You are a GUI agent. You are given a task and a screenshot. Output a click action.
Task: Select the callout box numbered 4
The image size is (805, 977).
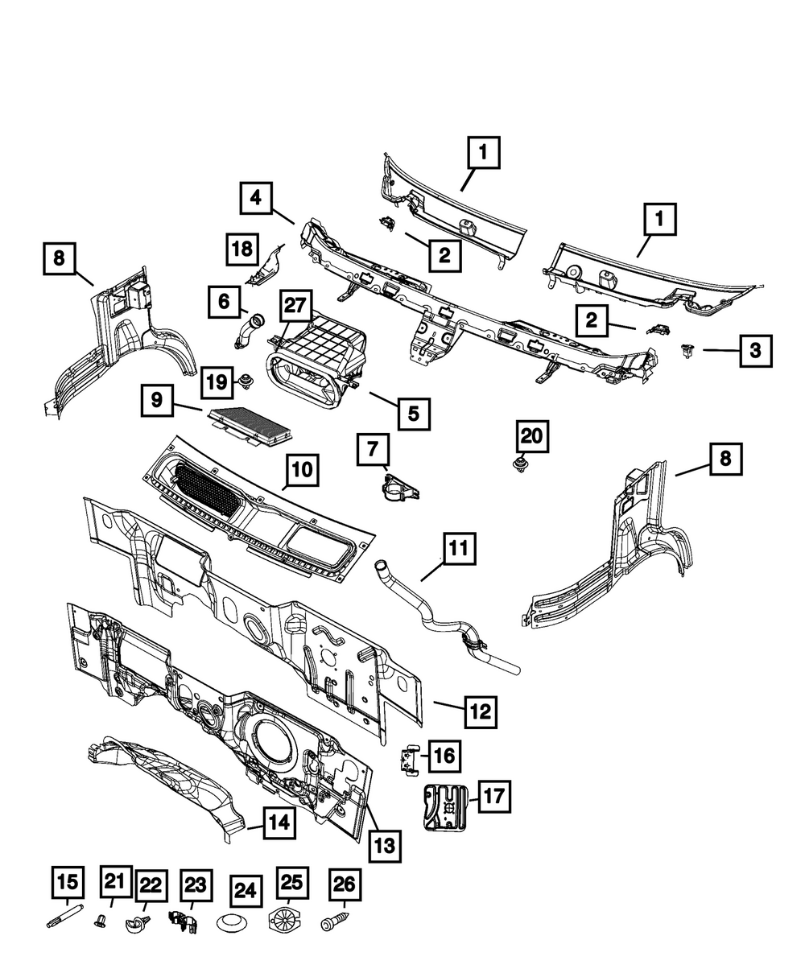coord(254,198)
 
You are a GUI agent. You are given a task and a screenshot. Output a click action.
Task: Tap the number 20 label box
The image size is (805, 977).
coord(531,437)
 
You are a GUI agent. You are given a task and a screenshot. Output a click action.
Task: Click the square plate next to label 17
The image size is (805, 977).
coord(444,804)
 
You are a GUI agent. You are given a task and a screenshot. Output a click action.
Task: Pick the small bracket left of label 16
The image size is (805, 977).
coord(409,758)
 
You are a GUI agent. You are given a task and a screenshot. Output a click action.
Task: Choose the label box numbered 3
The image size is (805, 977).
coord(755,350)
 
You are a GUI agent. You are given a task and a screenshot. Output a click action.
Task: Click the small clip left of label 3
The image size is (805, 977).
coord(688,350)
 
